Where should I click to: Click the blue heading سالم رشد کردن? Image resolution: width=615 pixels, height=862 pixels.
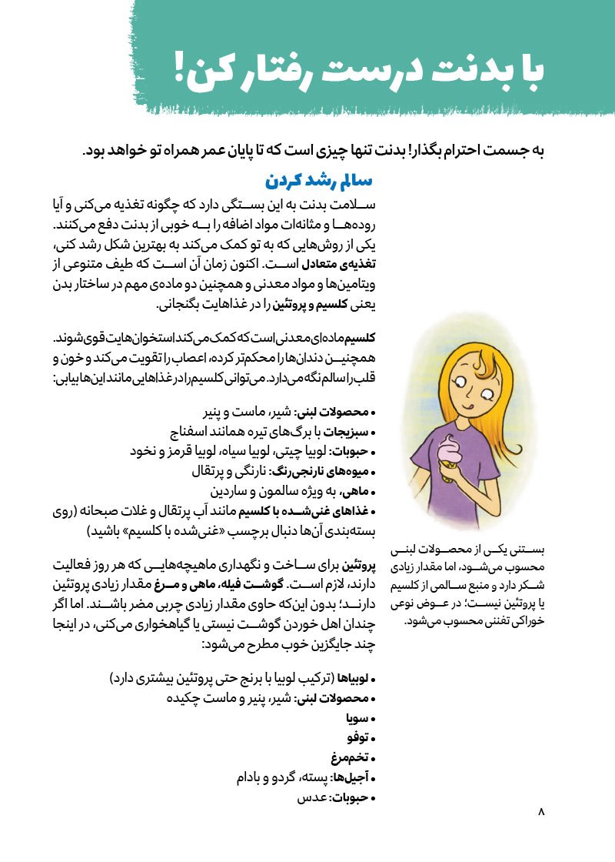pyautogui.click(x=318, y=182)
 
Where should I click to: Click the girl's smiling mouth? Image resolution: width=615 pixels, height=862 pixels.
pyautogui.click(x=464, y=409)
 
